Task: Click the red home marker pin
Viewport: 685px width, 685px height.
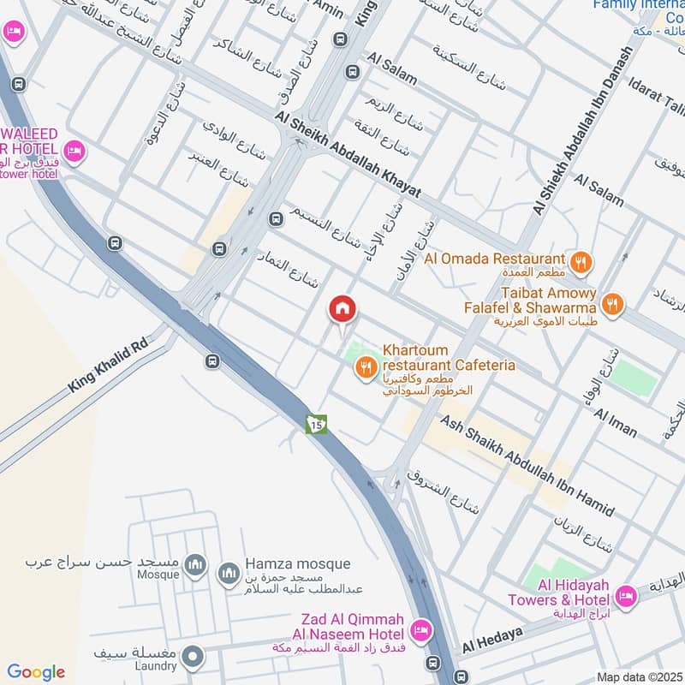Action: pyautogui.click(x=342, y=309)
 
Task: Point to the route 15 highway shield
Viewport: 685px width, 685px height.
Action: pyautogui.click(x=316, y=424)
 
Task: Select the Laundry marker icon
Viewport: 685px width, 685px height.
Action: pyautogui.click(x=194, y=657)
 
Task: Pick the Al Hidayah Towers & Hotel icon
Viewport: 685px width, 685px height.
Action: pyautogui.click(x=626, y=597)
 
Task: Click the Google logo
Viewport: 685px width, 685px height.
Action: pyautogui.click(x=36, y=672)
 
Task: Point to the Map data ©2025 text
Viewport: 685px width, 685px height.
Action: pyautogui.click(x=639, y=677)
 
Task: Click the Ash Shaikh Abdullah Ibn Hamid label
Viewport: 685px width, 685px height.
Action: pyautogui.click(x=527, y=467)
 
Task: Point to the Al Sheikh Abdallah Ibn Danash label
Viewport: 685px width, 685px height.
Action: pyautogui.click(x=581, y=130)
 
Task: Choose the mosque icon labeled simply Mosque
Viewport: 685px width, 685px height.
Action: pyautogui.click(x=196, y=564)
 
